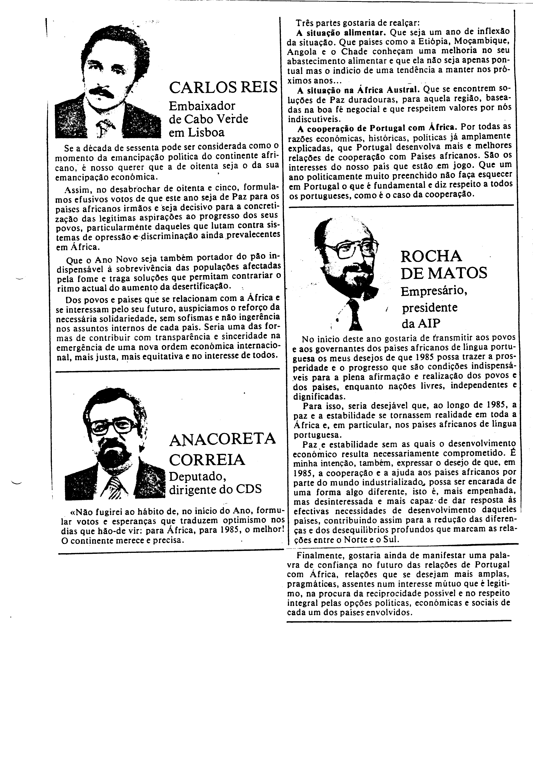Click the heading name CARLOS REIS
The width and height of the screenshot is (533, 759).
click(223, 88)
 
